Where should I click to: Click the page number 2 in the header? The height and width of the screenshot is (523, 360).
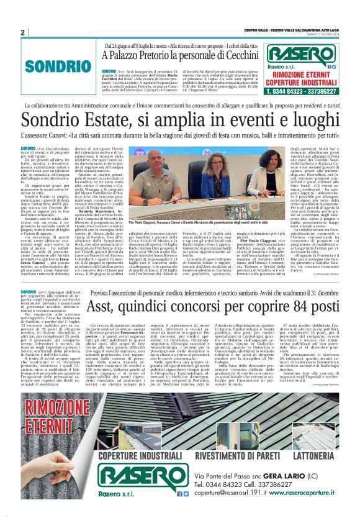coord(22,32)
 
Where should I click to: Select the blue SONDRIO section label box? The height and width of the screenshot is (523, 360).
coord(50,64)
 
